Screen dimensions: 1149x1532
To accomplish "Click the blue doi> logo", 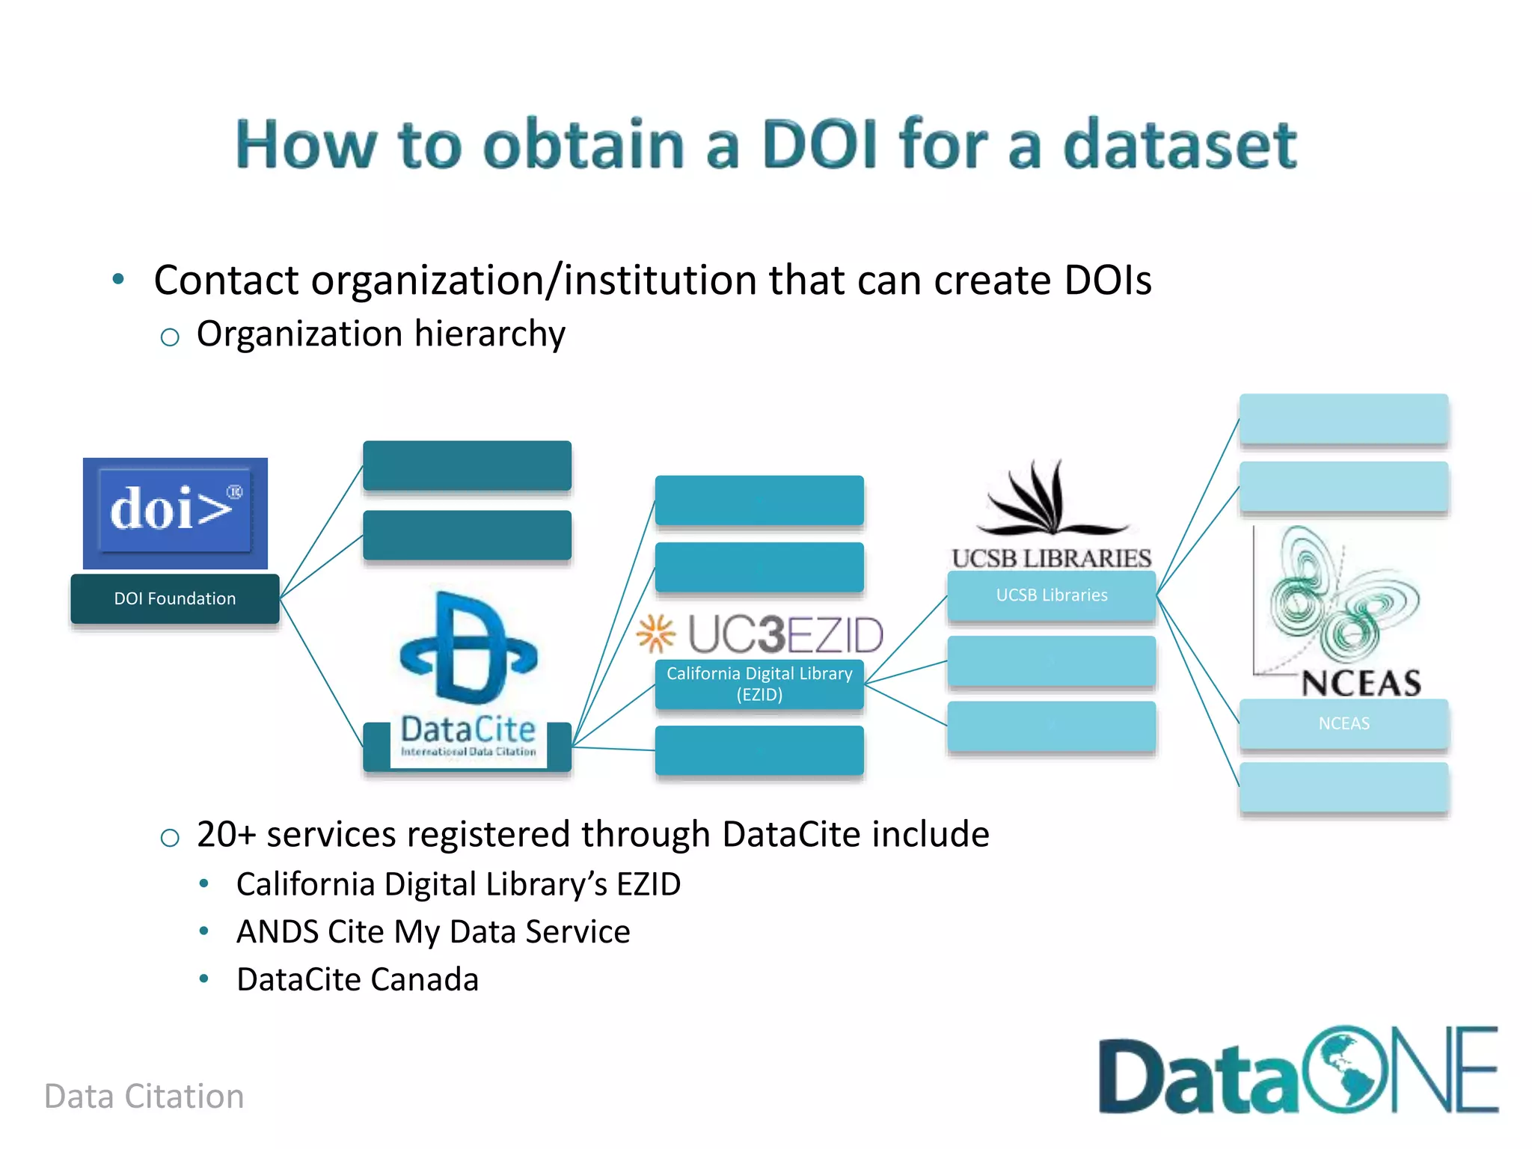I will click(175, 512).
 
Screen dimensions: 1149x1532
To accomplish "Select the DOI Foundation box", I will click(175, 598).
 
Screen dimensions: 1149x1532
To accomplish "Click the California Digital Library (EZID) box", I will click(759, 684).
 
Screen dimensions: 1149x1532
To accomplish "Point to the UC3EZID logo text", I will click(785, 634).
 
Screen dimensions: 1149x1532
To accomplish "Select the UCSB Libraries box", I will click(1051, 595).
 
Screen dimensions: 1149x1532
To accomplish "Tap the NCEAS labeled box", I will click(1343, 723).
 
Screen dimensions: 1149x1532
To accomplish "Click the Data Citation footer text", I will click(144, 1097).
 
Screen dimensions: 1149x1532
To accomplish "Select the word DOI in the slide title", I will click(819, 144).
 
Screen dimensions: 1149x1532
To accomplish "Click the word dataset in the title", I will click(1180, 144).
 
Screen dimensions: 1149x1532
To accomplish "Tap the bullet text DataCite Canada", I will click(358, 979).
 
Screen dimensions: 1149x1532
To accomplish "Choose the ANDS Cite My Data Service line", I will click(433, 932).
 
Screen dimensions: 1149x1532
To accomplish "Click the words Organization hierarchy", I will click(381, 334).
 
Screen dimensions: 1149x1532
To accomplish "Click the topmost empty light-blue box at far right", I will click(1343, 419).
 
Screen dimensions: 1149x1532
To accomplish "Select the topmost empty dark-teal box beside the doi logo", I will click(467, 465).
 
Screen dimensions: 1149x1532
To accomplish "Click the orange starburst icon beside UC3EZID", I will click(656, 634).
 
